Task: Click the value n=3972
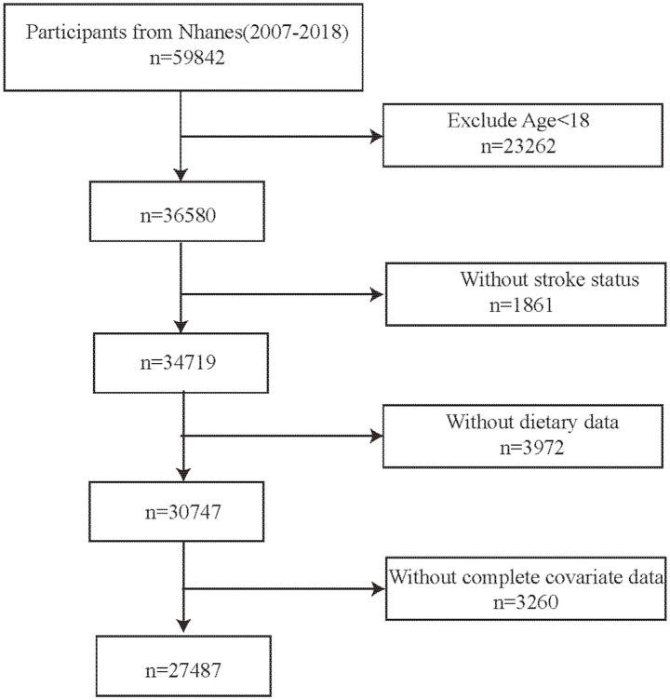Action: pyautogui.click(x=522, y=448)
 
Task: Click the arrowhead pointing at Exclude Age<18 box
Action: pyautogui.click(x=376, y=136)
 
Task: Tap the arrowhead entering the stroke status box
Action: pyautogui.click(x=376, y=294)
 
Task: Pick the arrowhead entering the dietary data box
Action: pyautogui.click(x=376, y=434)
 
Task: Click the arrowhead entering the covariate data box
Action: pyautogui.click(x=376, y=588)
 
